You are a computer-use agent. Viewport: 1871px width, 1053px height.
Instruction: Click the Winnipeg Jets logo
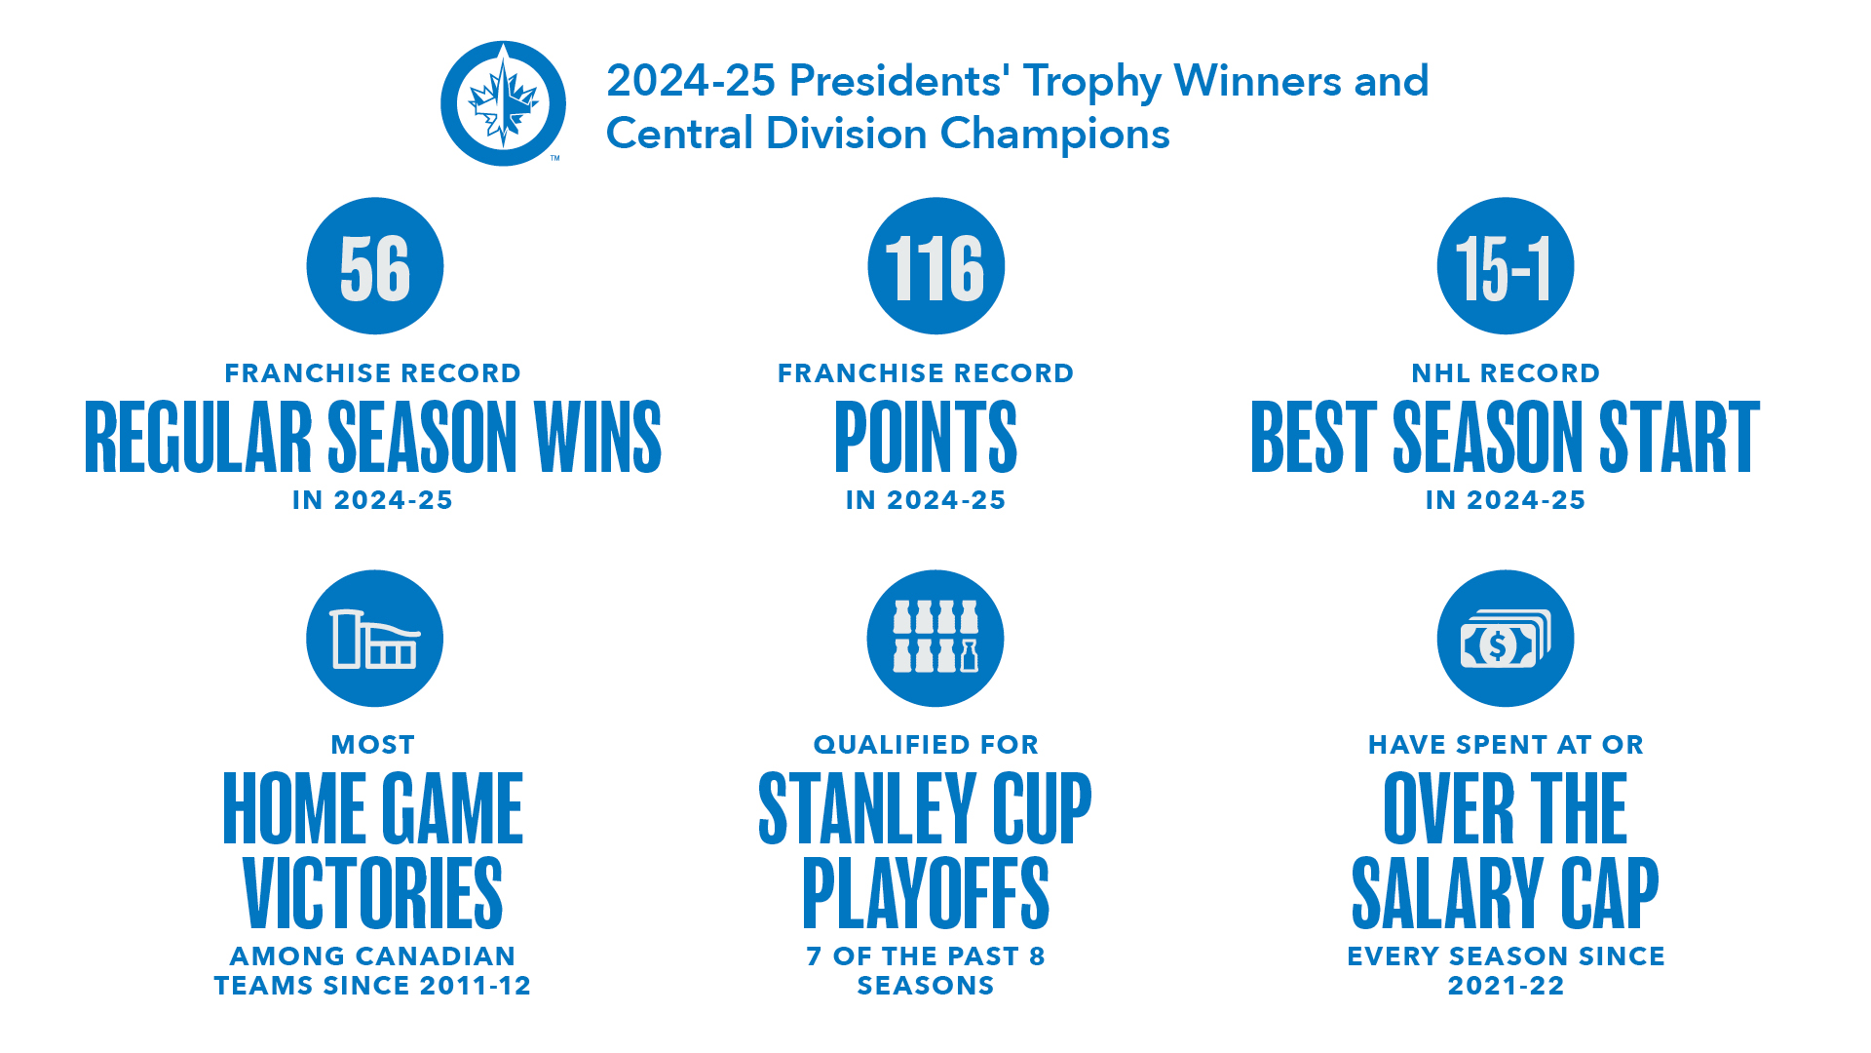[503, 103]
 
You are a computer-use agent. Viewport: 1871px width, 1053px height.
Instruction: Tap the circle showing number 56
[375, 266]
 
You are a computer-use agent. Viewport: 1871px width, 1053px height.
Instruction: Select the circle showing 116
[935, 266]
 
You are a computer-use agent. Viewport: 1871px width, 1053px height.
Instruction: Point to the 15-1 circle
[1506, 266]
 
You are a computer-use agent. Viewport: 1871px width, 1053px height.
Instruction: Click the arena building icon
[375, 639]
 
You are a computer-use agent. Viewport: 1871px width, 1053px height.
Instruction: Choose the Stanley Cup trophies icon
[935, 639]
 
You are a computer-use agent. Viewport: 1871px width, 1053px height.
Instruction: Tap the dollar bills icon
[1506, 639]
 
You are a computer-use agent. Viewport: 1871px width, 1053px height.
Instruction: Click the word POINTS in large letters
[926, 437]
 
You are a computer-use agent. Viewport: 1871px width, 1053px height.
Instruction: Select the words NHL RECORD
[1506, 373]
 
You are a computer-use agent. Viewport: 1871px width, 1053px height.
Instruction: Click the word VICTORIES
[373, 893]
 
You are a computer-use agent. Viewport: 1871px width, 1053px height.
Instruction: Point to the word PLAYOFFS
[926, 893]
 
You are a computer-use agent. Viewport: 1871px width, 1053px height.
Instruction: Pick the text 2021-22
[1506, 986]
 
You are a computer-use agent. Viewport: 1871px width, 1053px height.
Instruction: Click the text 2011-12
[476, 986]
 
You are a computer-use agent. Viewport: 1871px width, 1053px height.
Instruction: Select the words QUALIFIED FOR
[926, 745]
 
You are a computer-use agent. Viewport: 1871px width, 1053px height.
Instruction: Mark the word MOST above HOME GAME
[373, 745]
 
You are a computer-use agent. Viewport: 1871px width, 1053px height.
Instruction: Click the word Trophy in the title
[1092, 83]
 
